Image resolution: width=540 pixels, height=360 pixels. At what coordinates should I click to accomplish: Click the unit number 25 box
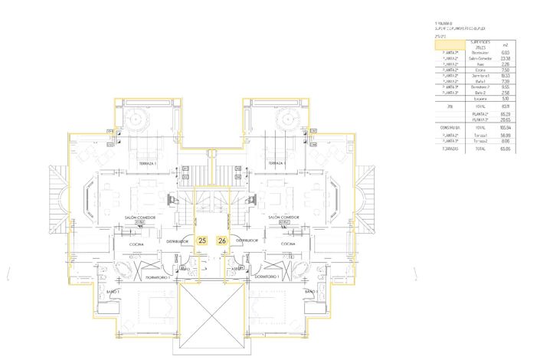tap(202, 240)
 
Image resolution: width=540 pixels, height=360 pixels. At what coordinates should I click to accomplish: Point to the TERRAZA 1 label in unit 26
tap(277, 165)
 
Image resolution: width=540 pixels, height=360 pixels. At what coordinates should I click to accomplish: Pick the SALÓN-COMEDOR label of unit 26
tap(284, 218)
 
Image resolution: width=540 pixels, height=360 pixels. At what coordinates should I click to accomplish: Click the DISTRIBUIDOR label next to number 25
tap(178, 241)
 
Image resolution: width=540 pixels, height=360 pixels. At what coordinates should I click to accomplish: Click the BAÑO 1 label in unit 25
tap(113, 292)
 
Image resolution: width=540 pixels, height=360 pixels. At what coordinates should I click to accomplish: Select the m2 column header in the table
tap(502, 46)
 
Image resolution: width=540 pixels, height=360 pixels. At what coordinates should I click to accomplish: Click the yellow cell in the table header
tap(447, 46)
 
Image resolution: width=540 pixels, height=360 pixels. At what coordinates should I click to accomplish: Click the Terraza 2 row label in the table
tap(480, 141)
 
